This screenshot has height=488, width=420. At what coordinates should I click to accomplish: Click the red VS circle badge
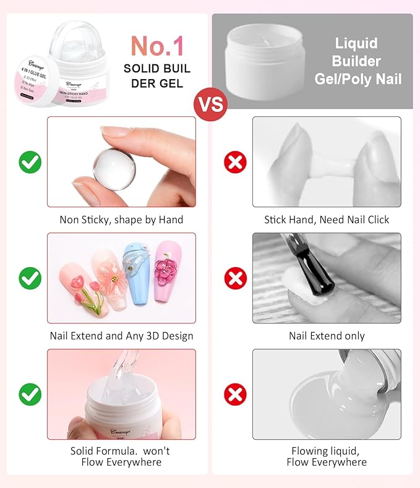[x=210, y=103]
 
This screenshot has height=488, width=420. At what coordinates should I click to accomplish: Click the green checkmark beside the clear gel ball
[x=30, y=163]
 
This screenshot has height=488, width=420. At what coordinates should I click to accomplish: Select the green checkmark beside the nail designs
[x=30, y=278]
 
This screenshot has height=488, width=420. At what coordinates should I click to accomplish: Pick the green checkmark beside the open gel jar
[x=30, y=394]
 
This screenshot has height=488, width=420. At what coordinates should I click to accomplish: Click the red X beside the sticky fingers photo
[x=235, y=163]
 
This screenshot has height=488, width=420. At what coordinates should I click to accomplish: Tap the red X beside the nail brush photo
[x=235, y=278]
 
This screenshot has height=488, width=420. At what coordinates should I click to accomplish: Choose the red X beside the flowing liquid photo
[x=235, y=394]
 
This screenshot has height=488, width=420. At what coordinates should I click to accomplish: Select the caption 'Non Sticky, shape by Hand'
[x=121, y=220]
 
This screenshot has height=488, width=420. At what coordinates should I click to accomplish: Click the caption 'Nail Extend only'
[x=327, y=336]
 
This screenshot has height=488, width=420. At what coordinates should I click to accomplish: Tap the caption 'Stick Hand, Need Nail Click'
[x=327, y=220]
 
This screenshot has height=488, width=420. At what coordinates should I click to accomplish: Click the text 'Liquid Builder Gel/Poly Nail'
[x=358, y=61]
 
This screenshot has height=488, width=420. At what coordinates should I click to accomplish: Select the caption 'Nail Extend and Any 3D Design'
[x=121, y=336]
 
